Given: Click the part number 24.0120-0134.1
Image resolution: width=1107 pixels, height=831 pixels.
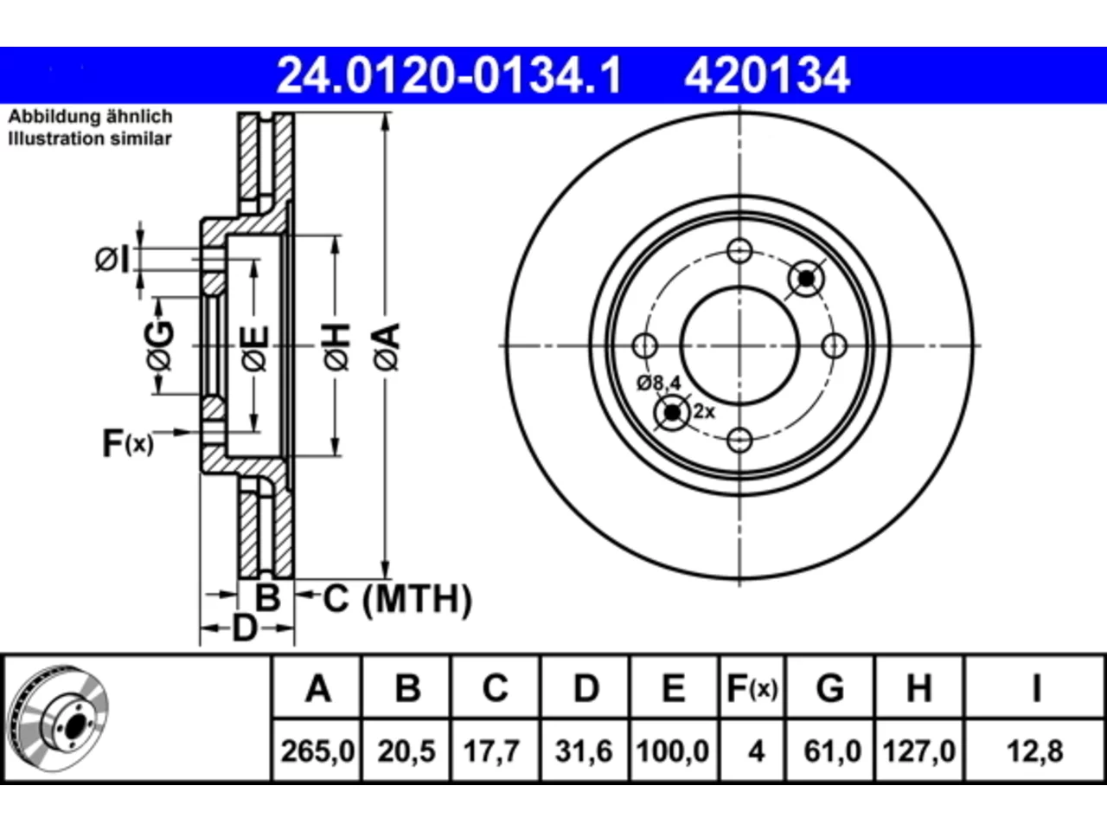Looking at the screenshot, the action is click(x=449, y=75).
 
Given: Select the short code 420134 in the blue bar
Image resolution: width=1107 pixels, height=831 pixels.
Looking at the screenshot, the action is click(x=767, y=75).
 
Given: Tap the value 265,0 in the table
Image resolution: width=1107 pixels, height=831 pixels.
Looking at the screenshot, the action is click(x=317, y=751).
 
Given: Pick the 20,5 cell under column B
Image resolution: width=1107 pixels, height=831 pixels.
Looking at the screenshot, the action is click(x=406, y=751).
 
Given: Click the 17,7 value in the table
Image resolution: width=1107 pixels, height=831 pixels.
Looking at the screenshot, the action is click(x=492, y=751).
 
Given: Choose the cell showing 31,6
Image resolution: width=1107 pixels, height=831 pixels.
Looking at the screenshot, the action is click(x=584, y=751).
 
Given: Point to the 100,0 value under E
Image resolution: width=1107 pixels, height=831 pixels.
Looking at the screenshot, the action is click(x=673, y=751).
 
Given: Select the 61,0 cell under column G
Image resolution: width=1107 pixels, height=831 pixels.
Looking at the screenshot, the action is click(x=833, y=751).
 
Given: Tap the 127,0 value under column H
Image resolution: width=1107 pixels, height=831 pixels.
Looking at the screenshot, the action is click(x=918, y=751).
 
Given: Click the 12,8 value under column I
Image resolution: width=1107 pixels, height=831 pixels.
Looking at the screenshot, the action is click(x=1035, y=751).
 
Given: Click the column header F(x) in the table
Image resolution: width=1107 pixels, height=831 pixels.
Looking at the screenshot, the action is click(x=752, y=688).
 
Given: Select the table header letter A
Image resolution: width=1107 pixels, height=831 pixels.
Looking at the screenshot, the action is click(x=318, y=688).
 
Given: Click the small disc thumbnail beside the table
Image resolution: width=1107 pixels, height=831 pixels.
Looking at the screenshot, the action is click(x=59, y=718).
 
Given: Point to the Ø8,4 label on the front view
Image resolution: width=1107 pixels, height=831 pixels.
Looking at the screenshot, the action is click(x=659, y=383).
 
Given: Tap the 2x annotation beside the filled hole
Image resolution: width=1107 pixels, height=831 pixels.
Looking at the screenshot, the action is click(x=704, y=412).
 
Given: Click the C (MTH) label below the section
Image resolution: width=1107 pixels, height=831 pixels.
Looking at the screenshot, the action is click(x=397, y=599).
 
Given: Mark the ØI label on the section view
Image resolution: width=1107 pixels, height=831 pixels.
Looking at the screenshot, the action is click(x=112, y=260).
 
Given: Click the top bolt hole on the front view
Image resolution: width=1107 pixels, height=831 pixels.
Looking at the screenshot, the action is click(x=739, y=251).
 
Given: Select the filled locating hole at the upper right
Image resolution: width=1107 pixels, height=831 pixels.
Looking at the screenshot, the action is click(x=806, y=278).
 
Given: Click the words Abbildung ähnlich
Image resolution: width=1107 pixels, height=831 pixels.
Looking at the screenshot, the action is click(x=90, y=117).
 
